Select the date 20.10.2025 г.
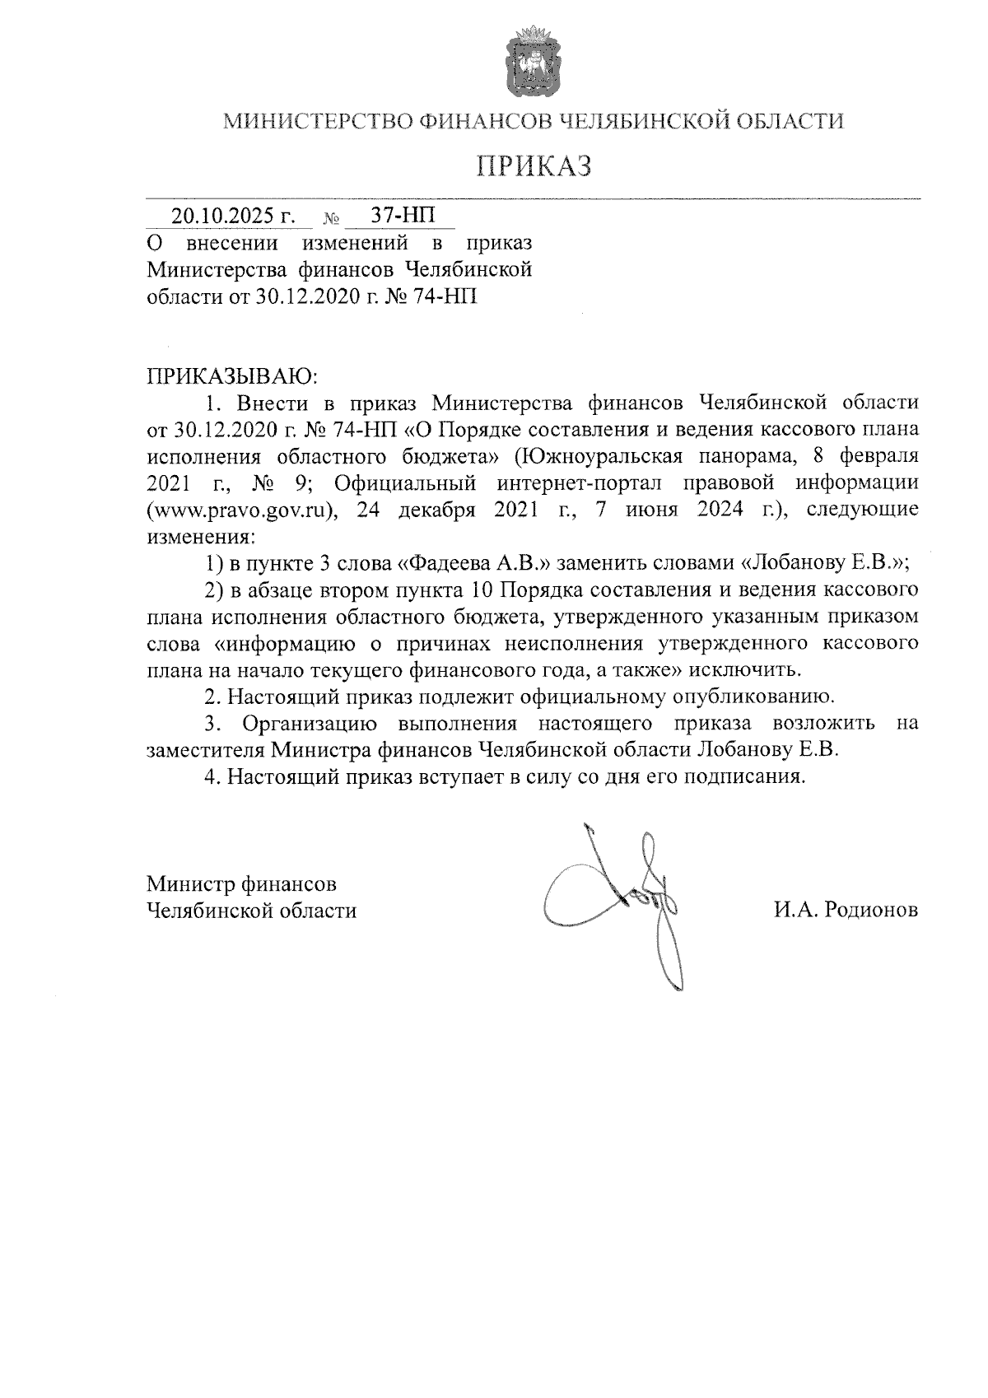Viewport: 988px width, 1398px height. click(x=233, y=217)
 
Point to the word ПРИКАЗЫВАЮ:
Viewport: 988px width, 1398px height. click(x=232, y=377)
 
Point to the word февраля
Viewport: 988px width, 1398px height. click(x=880, y=456)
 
